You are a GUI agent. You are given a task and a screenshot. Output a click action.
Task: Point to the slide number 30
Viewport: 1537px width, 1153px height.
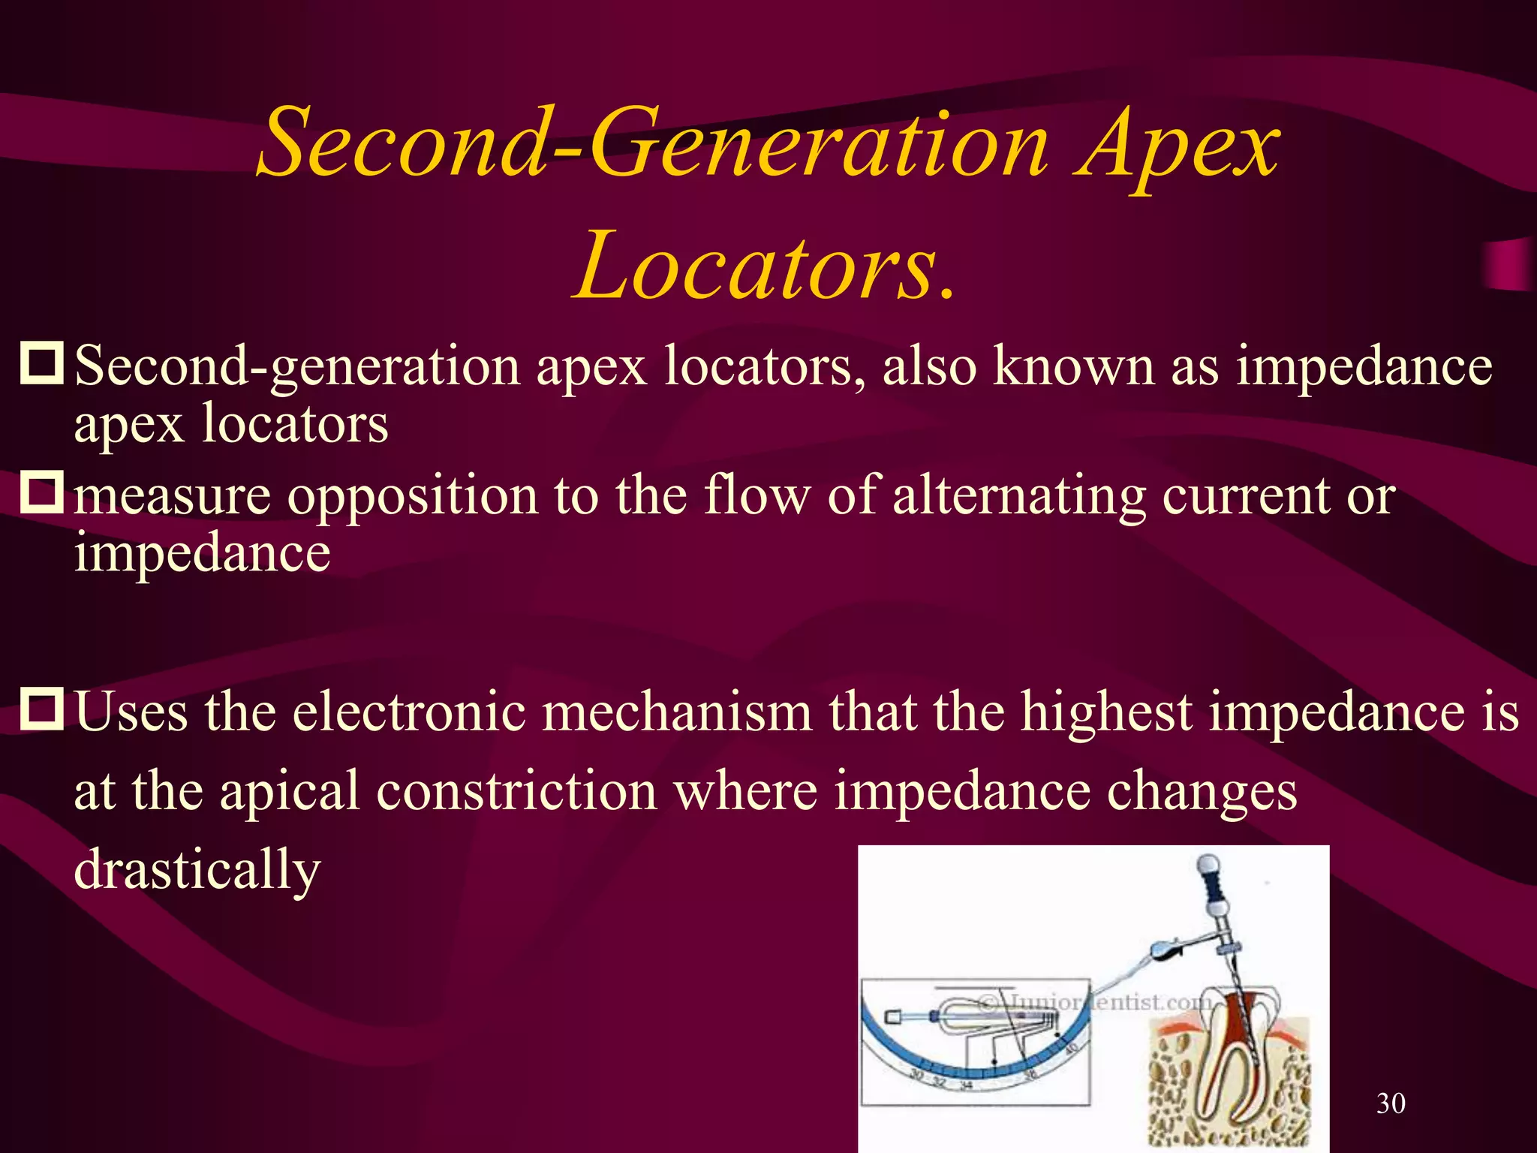click(x=1391, y=1103)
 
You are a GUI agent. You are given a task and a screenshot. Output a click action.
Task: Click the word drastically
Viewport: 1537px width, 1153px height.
click(x=197, y=869)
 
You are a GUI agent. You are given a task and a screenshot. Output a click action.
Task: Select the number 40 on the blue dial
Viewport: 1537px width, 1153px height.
click(x=1071, y=1046)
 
